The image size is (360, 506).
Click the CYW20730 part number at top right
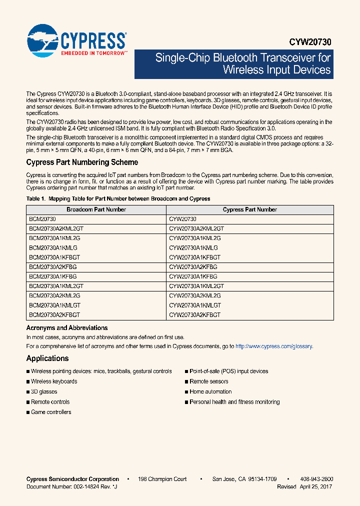pyautogui.click(x=310, y=42)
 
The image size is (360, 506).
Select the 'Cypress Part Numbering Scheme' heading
pyautogui.click(x=82, y=162)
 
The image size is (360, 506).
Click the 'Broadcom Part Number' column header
pyautogui.click(x=96, y=209)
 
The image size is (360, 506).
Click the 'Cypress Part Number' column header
pyautogui.click(x=249, y=209)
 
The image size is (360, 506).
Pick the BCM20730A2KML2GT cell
pyautogui.click(x=56, y=228)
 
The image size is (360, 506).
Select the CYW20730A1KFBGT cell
pyautogui.click(x=194, y=257)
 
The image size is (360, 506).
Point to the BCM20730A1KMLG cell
pyautogui.click(x=53, y=247)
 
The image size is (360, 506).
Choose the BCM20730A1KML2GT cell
pyautogui.click(x=56, y=286)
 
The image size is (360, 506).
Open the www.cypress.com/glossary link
pyautogui.click(x=273, y=346)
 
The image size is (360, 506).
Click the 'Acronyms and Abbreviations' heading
pyautogui.click(x=67, y=328)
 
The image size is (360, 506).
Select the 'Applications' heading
pyautogui.click(x=47, y=358)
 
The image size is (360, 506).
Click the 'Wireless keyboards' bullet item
pyautogui.click(x=54, y=381)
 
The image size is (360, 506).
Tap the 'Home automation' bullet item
pyautogui.click(x=210, y=391)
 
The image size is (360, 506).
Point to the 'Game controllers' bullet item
pyautogui.click(x=51, y=412)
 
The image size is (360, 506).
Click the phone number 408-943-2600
pyautogui.click(x=317, y=479)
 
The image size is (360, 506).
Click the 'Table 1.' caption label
pyautogui.click(x=36, y=199)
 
